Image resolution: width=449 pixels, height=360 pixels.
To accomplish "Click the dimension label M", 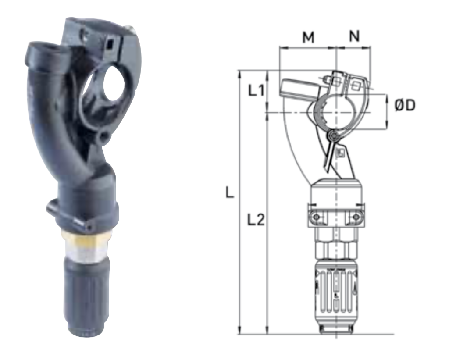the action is pos(308,37).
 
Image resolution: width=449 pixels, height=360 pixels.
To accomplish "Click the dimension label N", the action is pos(354,36).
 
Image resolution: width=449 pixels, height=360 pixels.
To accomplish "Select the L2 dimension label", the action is pos(256,220).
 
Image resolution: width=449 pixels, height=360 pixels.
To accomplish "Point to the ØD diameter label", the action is pos(404,105).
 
